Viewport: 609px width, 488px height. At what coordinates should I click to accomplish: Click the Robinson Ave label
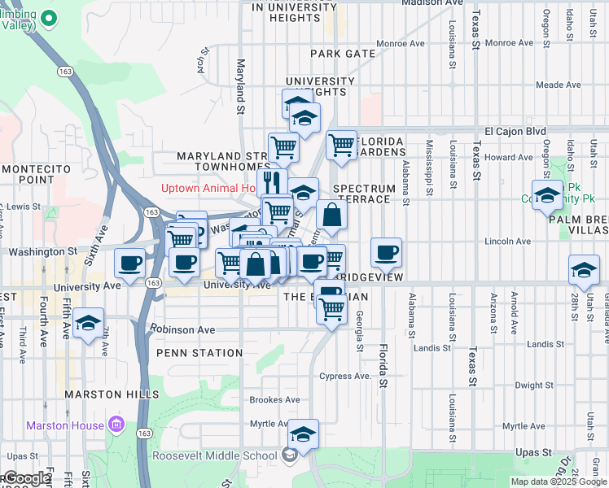click(x=182, y=329)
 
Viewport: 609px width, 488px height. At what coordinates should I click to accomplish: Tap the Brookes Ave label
click(x=274, y=399)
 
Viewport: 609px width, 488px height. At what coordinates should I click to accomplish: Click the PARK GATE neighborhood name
click(x=343, y=54)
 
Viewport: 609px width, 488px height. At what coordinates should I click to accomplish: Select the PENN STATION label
click(x=199, y=353)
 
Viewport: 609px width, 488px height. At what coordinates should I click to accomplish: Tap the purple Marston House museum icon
click(x=116, y=425)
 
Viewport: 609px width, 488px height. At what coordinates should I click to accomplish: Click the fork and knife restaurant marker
click(x=272, y=181)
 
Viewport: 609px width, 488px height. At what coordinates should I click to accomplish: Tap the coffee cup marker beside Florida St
click(x=386, y=252)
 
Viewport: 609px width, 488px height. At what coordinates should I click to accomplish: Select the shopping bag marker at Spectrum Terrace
click(x=331, y=216)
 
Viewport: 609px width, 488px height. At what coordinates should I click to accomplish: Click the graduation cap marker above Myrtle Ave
click(x=304, y=434)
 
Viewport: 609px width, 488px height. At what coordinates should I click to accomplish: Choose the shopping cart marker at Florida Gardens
click(x=342, y=146)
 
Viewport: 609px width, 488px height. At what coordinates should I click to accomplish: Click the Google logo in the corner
click(x=26, y=478)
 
